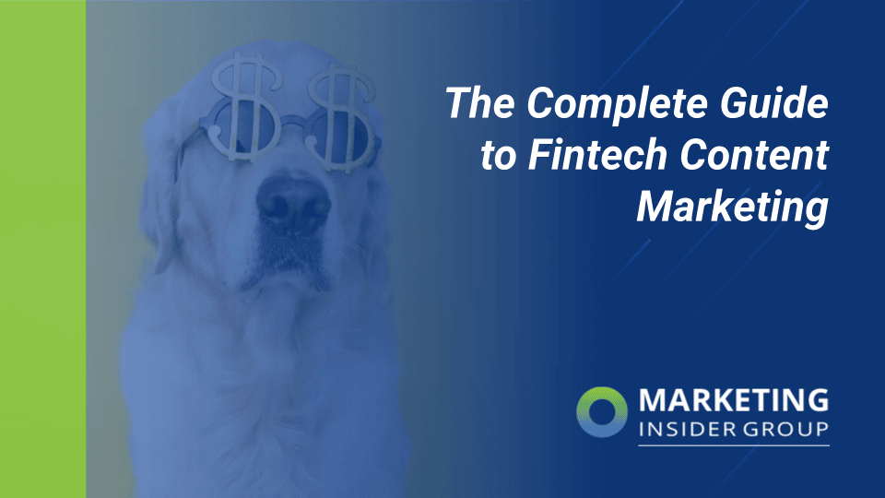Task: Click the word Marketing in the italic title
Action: pos(732,208)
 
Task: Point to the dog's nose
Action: pos(292,198)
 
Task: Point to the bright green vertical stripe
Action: pos(42,249)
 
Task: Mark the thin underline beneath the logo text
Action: pos(733,446)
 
